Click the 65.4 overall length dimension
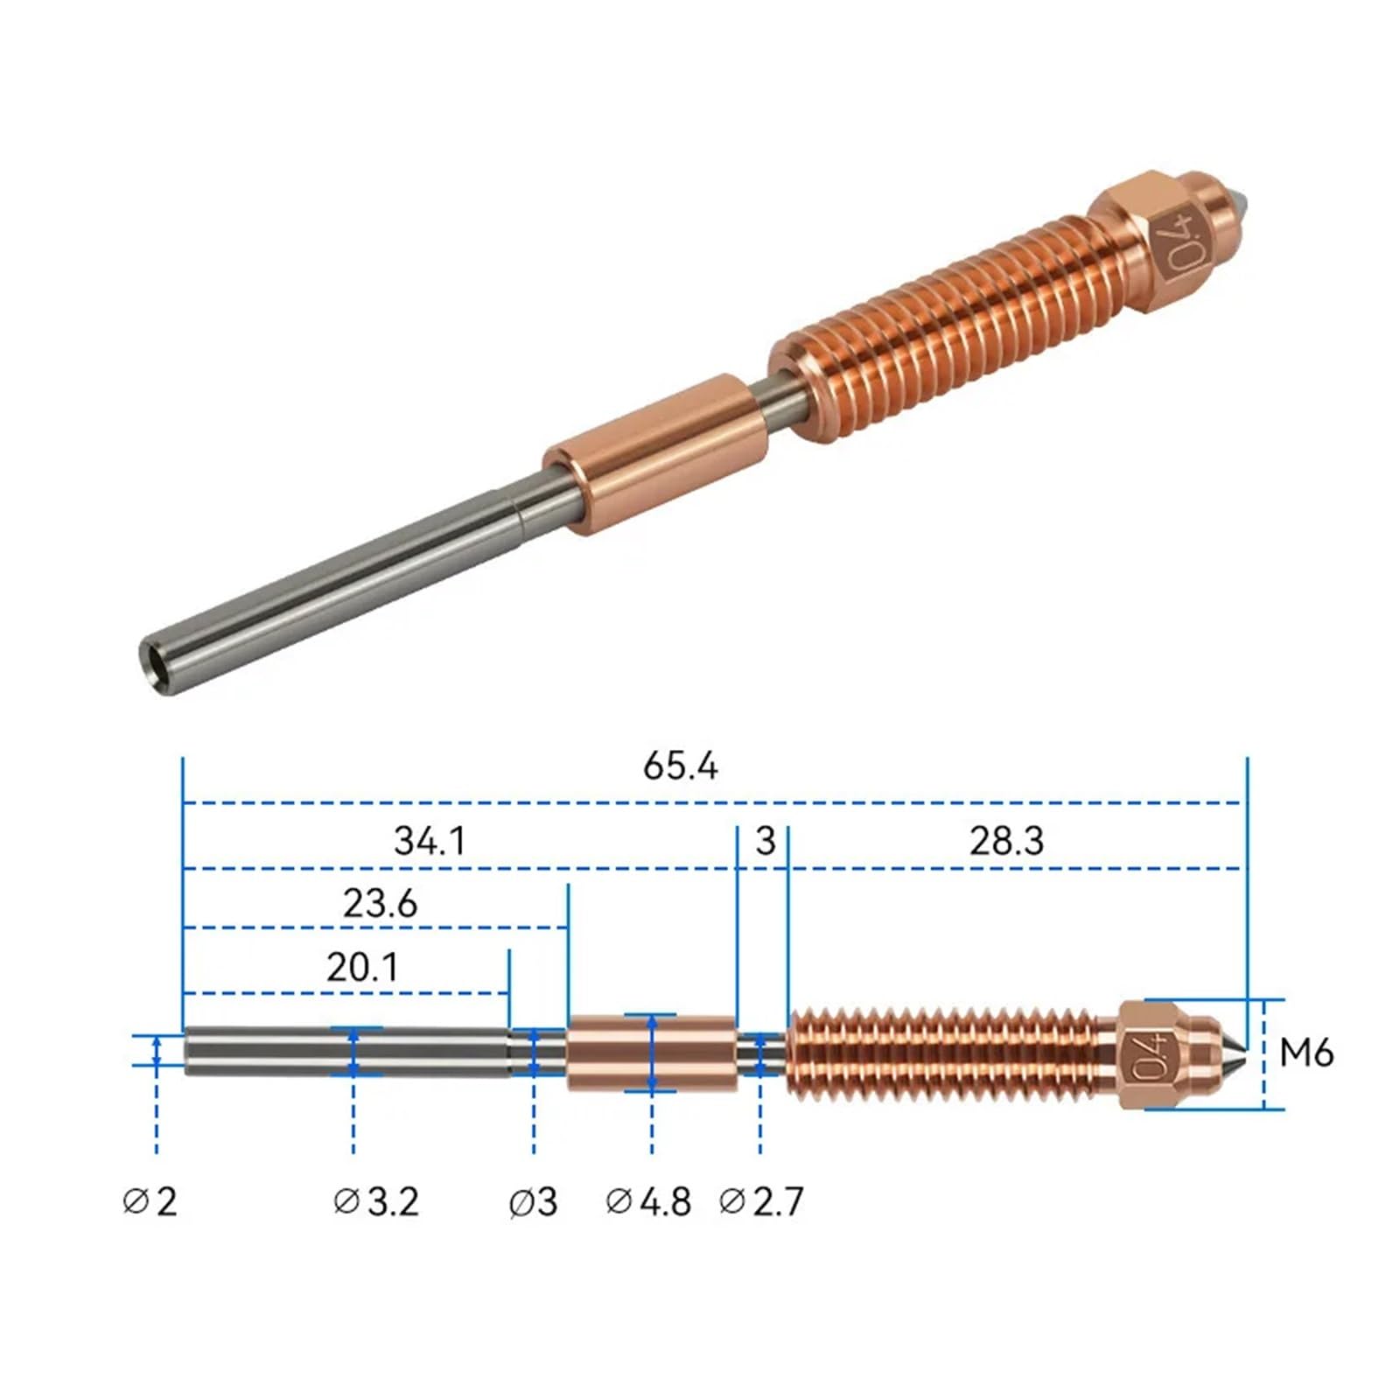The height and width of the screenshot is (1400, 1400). [680, 766]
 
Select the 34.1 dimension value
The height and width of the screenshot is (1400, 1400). [430, 841]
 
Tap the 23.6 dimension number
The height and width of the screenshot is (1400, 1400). [380, 903]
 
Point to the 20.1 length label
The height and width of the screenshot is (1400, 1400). [362, 968]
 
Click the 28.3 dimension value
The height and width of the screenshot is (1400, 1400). [1006, 841]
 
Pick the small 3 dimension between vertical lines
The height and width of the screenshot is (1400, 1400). [766, 841]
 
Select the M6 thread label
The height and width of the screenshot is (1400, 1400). [1305, 1053]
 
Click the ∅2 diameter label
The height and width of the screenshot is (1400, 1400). [150, 1201]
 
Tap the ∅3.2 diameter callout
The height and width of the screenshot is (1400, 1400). [376, 1201]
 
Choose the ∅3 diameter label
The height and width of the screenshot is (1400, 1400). [533, 1201]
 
